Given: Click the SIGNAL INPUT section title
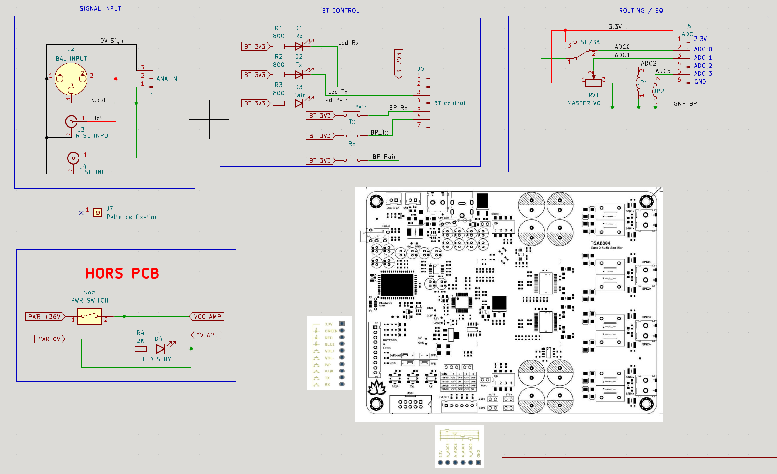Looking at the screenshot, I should click(x=101, y=9).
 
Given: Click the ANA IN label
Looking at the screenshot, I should click(x=167, y=79).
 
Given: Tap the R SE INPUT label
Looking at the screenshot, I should click(x=94, y=136).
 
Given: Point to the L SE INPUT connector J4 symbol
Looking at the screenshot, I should click(x=73, y=158).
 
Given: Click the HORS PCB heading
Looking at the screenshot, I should click(x=122, y=273).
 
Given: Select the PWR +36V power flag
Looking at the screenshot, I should click(x=45, y=317).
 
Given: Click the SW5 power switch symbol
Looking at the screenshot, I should click(x=89, y=316).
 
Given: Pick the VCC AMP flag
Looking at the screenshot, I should click(x=207, y=317).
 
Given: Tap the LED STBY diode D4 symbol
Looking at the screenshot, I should click(x=161, y=349).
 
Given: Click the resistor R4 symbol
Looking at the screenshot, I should click(x=141, y=349).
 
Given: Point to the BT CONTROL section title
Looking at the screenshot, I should click(x=340, y=11).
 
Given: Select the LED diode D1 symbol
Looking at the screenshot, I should click(x=299, y=46).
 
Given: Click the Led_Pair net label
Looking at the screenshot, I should click(x=334, y=100).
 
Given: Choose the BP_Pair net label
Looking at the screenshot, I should click(x=384, y=157).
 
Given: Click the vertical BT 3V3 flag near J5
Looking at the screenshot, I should click(x=399, y=63).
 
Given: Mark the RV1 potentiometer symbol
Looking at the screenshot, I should click(x=593, y=82).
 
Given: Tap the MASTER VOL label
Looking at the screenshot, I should click(x=586, y=103).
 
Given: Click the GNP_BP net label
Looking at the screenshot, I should click(x=685, y=104).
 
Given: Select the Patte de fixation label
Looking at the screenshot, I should click(x=132, y=217).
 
